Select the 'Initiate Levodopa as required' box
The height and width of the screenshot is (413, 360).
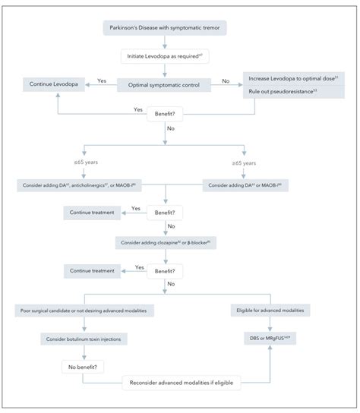point(164,57)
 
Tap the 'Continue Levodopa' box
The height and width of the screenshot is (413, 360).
point(51,84)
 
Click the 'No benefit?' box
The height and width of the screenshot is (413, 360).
point(83,366)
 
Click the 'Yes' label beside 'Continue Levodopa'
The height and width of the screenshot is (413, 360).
point(100,80)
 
